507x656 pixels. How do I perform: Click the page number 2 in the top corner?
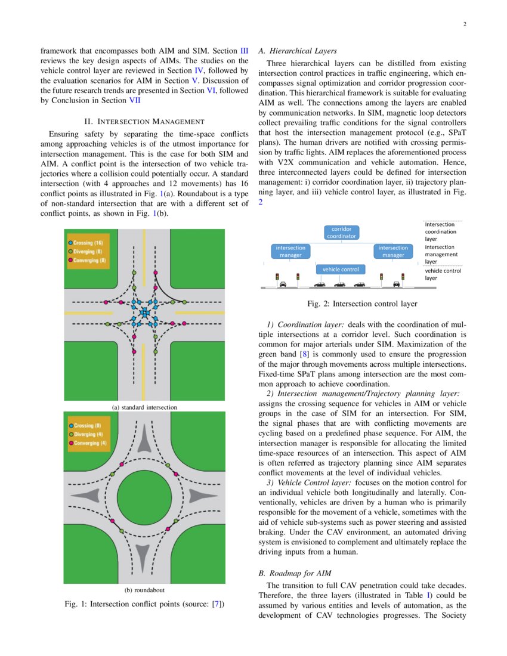point(464,24)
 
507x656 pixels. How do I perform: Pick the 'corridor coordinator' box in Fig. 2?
point(342,232)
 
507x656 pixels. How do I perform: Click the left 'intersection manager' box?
point(290,251)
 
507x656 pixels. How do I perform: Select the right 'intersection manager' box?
point(393,251)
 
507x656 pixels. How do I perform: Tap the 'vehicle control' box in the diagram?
point(341,269)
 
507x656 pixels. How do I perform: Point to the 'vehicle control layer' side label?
point(442,274)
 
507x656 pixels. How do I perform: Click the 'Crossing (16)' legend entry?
point(88,243)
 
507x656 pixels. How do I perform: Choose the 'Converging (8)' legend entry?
point(89,261)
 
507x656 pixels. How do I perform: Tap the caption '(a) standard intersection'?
point(144,407)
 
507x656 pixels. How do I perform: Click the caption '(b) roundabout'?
point(144,590)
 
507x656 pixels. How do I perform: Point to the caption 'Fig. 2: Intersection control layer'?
point(362,304)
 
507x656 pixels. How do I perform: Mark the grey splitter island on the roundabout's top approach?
point(145,440)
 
